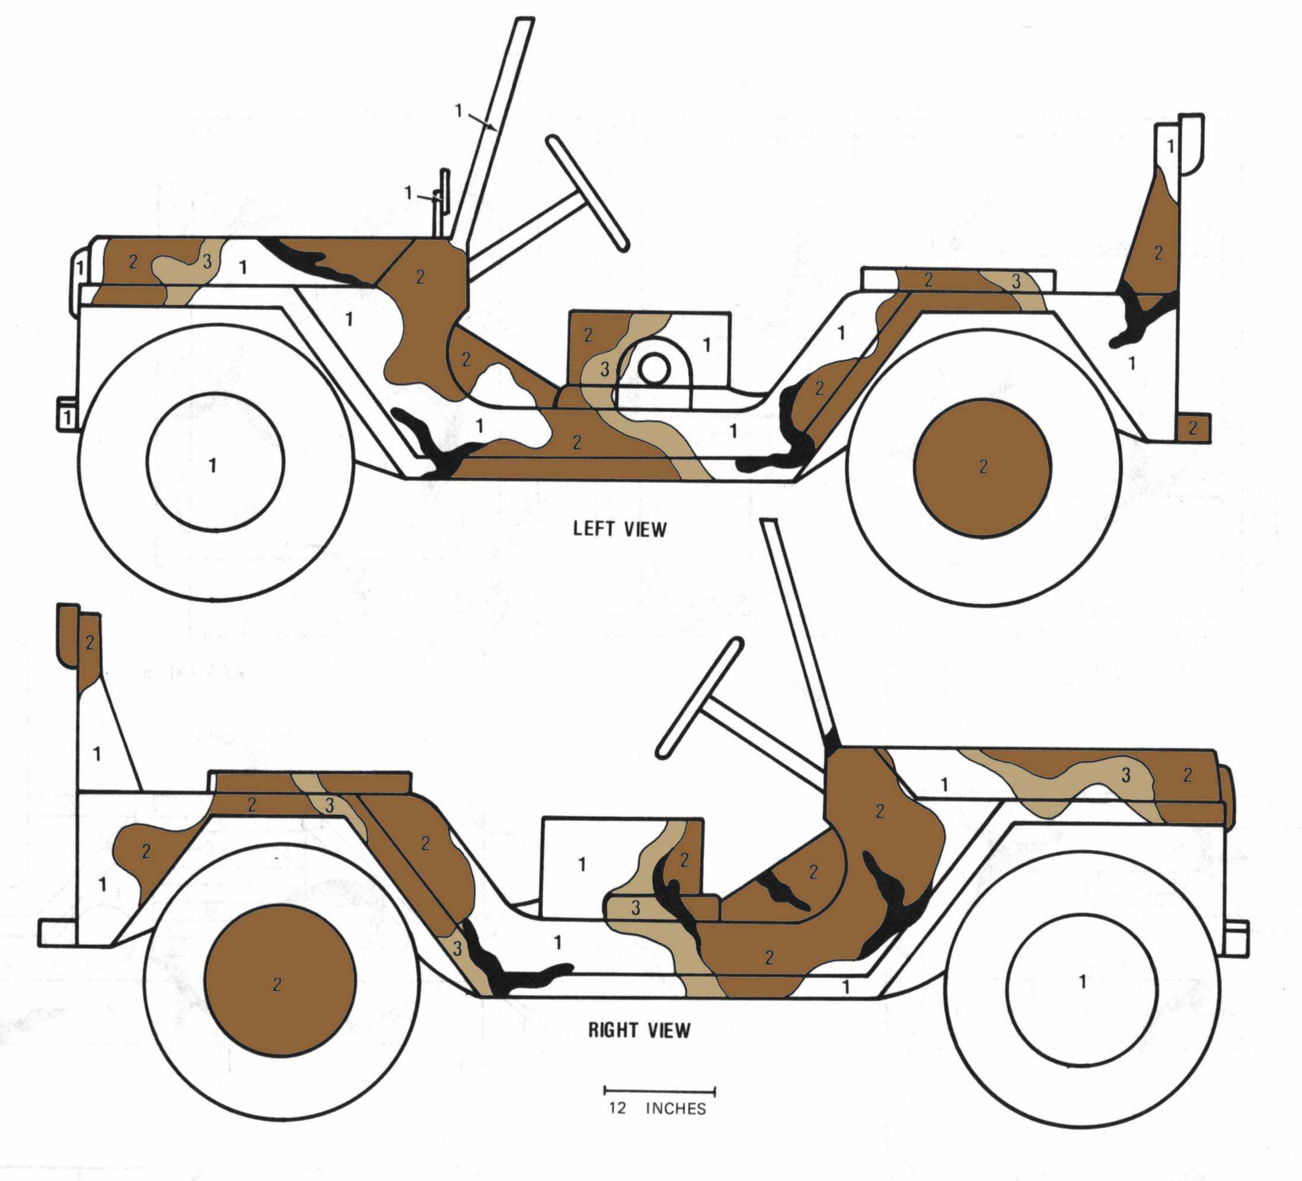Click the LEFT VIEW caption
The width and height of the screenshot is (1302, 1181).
[x=620, y=529]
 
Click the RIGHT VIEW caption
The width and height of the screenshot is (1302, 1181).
[x=639, y=1030]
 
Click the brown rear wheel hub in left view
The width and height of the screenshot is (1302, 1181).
[x=982, y=468]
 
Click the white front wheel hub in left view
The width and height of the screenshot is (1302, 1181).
[x=215, y=462]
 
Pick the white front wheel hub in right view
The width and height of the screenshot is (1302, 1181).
[x=1082, y=981]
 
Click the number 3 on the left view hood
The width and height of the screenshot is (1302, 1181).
[x=207, y=261]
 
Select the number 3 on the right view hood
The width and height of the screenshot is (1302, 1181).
[x=1126, y=775]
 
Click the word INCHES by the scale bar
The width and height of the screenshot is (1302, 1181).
[x=675, y=1108]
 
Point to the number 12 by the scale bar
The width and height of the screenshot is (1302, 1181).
[x=617, y=1108]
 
